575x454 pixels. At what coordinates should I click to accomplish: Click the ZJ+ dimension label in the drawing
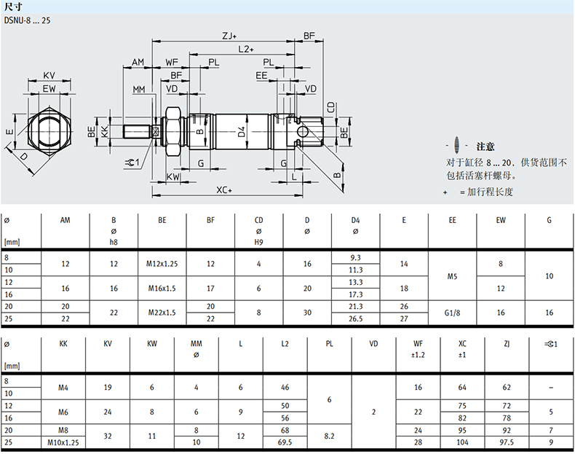point(229,36)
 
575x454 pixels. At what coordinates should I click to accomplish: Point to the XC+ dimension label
point(224,190)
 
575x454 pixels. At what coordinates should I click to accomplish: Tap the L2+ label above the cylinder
point(246,49)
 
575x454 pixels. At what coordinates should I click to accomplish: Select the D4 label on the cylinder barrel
point(242,132)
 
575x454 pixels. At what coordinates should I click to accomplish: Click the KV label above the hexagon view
point(49,75)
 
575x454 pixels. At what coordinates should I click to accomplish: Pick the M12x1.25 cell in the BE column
point(162,264)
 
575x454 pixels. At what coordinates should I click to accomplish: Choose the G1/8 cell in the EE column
point(452,313)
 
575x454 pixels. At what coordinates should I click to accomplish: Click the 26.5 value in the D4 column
point(356,318)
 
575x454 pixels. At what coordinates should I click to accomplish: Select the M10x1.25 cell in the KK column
point(63,442)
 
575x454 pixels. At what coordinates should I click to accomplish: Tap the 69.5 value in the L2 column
point(285,442)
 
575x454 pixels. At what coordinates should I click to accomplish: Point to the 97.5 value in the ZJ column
point(507,442)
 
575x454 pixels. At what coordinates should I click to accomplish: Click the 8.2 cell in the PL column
point(329,436)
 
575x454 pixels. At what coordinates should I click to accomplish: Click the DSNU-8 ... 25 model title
point(27,20)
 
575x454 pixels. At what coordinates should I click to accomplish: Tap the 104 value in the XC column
point(462,442)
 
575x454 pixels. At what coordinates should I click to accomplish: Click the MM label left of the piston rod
point(139,89)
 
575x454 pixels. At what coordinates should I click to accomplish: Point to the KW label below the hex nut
point(173,177)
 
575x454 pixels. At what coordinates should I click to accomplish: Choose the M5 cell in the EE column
point(452,276)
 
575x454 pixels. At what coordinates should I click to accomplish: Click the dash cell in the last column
point(551,388)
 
